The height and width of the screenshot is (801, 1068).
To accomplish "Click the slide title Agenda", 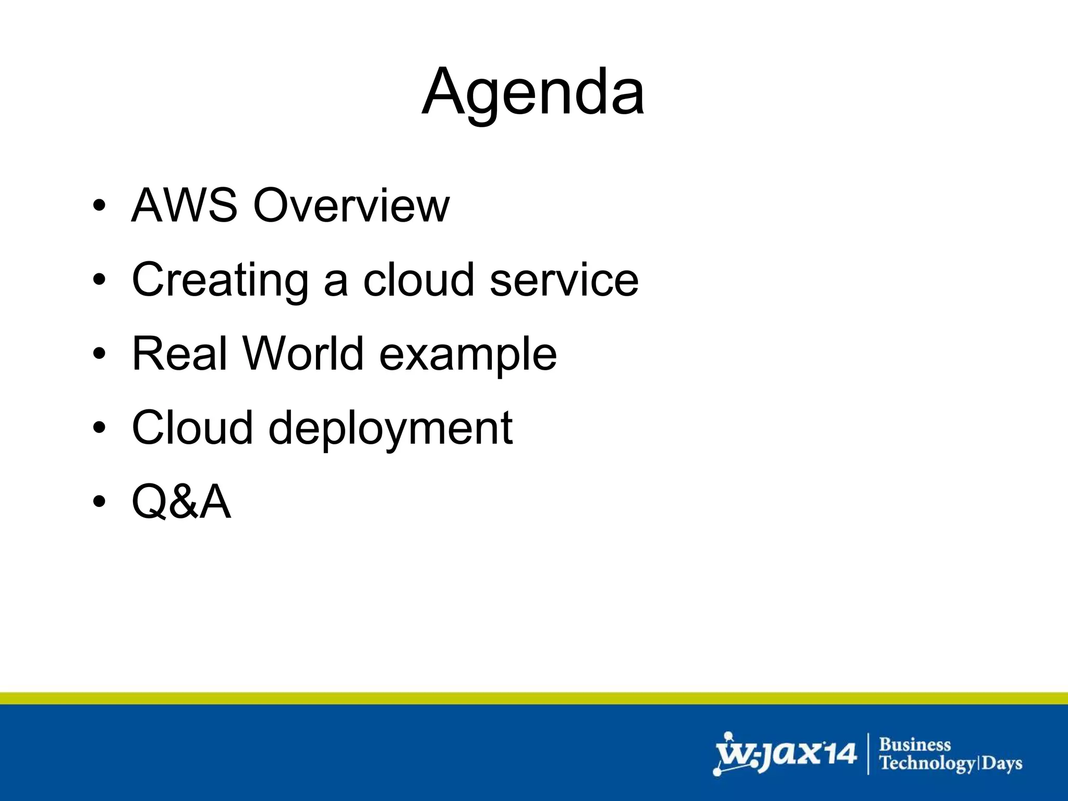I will pyautogui.click(x=533, y=93).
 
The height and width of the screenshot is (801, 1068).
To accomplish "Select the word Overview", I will pyautogui.click(x=351, y=205).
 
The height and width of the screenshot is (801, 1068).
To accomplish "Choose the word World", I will pyautogui.click(x=303, y=354).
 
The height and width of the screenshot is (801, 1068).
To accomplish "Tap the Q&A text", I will pyautogui.click(x=181, y=502).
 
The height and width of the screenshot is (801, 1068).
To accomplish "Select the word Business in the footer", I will pyautogui.click(x=915, y=744).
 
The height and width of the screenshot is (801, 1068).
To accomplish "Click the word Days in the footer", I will pyautogui.click(x=1002, y=764).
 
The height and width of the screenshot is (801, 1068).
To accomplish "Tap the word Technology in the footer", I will pyautogui.click(x=927, y=764).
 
